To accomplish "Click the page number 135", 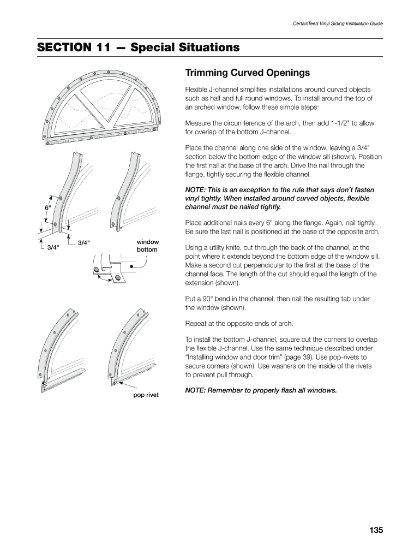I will pos(376,530).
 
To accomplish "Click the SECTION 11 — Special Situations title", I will pos(139,47).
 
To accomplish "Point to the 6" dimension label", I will pos(47,207).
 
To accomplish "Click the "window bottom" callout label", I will pos(147,246).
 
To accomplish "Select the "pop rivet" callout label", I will pos(146,395).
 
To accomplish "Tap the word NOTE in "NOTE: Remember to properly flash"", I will pos(195,390).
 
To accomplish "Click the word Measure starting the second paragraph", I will pos(199,123).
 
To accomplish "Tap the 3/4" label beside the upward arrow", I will pos(53,247).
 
